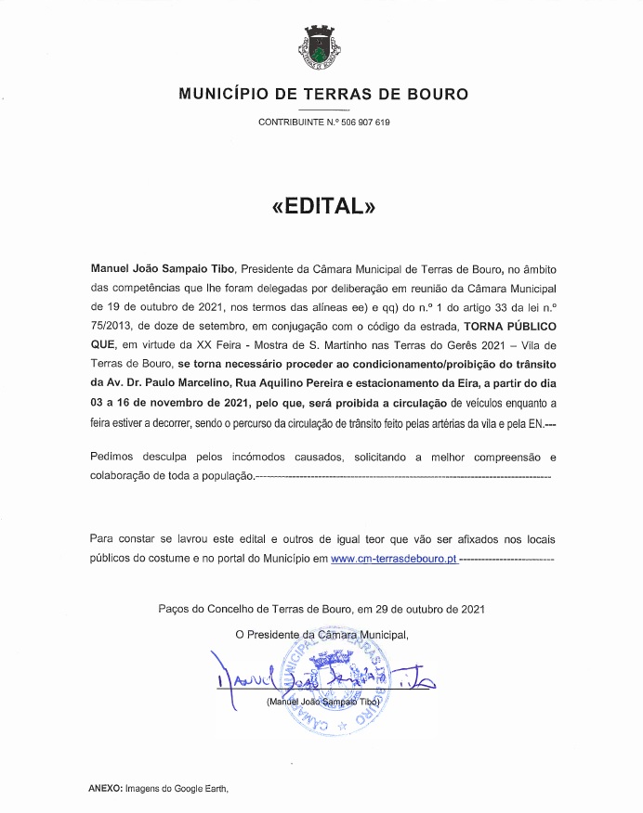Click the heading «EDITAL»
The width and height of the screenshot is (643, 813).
pyautogui.click(x=322, y=206)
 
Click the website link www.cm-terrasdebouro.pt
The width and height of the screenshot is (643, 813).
pyautogui.click(x=393, y=560)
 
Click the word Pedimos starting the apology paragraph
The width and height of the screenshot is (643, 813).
pyautogui.click(x=114, y=458)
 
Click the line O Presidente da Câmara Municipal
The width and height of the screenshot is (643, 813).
pyautogui.click(x=321, y=635)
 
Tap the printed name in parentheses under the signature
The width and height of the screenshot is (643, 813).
pyautogui.click(x=322, y=703)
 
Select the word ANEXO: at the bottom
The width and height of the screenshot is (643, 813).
pyautogui.click(x=105, y=787)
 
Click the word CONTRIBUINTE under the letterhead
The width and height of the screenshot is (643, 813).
pyautogui.click(x=289, y=123)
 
